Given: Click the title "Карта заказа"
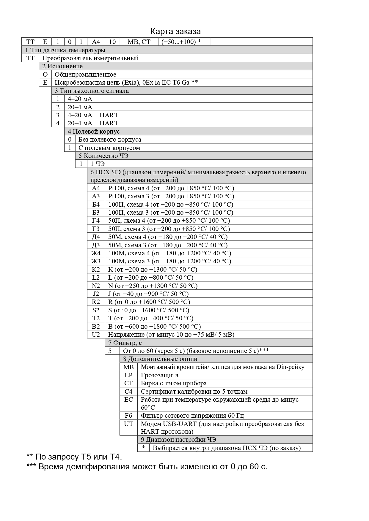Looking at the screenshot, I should [175, 31].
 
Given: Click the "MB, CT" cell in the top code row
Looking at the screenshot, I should [139, 42].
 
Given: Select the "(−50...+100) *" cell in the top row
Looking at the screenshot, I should [181, 42].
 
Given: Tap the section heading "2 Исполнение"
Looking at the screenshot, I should [62, 66].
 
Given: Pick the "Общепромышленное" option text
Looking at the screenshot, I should [85, 75].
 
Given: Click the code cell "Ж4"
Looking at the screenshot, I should [96, 253].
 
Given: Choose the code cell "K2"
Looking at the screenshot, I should [96, 270].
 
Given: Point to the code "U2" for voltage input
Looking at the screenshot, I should [96, 335].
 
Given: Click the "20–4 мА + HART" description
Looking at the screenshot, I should [93, 123].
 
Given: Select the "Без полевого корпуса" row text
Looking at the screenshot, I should [110, 140].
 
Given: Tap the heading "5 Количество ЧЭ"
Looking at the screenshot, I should [103, 156].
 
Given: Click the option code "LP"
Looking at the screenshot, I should [128, 375].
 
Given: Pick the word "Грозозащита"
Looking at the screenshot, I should [160, 375].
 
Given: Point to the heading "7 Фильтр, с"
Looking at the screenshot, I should [125, 343].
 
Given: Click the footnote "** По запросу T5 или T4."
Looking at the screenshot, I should [74, 457].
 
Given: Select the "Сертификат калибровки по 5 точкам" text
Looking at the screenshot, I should [194, 392].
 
